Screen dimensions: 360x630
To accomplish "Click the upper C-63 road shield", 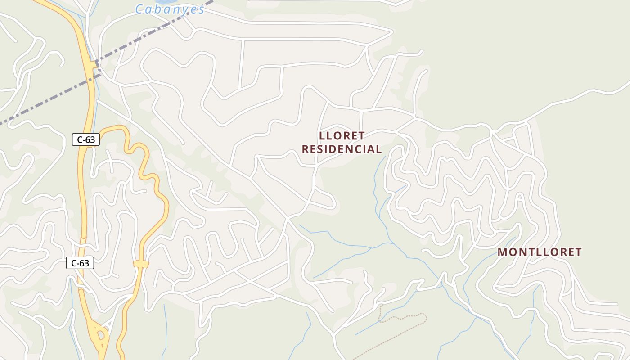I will coord(85,139).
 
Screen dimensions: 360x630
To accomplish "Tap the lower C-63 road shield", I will coord(80,263).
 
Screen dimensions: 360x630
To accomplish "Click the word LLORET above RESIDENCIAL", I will coord(342,136).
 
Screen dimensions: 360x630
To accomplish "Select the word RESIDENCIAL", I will coord(342,149).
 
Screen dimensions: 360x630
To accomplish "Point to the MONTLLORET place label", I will coord(540,252).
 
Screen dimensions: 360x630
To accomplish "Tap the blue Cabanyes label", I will coord(170,9).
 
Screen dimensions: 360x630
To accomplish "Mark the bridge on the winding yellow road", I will coord(141,264).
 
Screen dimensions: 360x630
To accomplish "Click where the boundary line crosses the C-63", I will coord(95,65).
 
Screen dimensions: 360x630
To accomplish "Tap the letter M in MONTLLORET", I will coord(503,252).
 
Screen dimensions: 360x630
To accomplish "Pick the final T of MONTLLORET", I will coord(578,252).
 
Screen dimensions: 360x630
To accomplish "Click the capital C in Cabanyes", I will coord(140,9).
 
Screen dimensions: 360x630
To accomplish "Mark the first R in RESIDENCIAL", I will coord(305,149).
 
